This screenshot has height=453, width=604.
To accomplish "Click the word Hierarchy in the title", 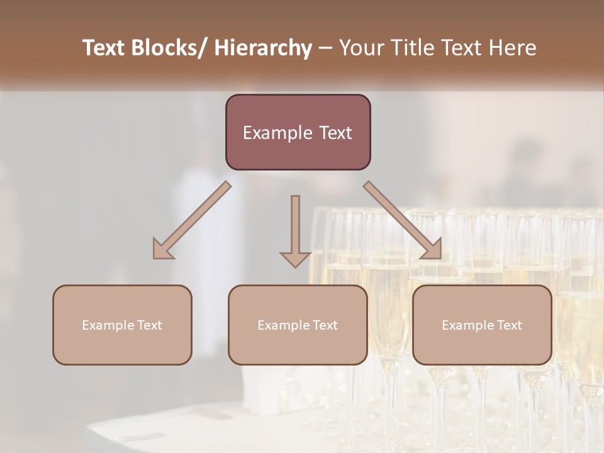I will point(262,48).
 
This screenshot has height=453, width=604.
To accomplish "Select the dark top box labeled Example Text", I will point(298,132).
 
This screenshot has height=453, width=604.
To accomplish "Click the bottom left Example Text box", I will point(122,325).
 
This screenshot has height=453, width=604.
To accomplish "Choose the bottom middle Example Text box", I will point(298,325).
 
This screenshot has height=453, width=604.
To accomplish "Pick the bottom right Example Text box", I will point(482,325).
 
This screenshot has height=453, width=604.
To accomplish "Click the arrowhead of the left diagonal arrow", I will point(161,250).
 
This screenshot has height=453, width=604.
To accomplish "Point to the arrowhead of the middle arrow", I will point(295,259).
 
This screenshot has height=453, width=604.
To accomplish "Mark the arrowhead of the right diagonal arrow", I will point(433,250).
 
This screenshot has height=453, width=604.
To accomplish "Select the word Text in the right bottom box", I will point(510,325).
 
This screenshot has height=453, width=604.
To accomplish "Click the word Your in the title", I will point(357,48).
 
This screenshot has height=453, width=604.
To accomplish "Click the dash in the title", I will point(325,48).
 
